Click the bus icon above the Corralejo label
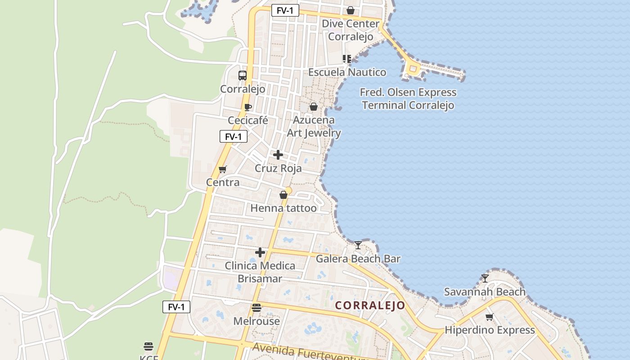click(243, 75)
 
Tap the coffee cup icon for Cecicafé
click(247, 107)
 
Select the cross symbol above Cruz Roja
click(278, 155)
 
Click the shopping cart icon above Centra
click(222, 169)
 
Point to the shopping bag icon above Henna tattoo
click(283, 195)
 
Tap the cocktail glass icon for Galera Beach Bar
click(358, 245)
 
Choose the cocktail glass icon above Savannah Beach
click(485, 278)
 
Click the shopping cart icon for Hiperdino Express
click(490, 317)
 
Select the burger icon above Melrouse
click(256, 308)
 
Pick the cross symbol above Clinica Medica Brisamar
click(260, 252)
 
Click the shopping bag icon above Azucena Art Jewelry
click(314, 107)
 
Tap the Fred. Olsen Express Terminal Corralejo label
click(408, 99)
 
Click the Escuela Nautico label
click(347, 72)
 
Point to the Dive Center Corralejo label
click(351, 30)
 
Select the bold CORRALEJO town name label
click(370, 306)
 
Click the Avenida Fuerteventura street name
click(310, 351)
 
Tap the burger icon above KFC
click(148, 346)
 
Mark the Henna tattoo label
click(283, 208)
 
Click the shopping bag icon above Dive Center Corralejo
click(351, 10)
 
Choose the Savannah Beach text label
click(485, 292)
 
